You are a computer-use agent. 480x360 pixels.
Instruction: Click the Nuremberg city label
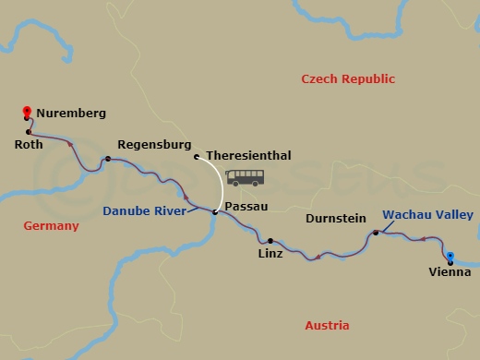point(72,114)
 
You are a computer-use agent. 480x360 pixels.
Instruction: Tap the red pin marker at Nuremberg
point(27,113)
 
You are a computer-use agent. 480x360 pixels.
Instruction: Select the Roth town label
point(30,144)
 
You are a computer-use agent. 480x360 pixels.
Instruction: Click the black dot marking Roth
point(30,132)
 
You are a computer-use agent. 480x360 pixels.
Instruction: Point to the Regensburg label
point(154,145)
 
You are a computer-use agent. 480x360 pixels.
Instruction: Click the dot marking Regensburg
point(108,159)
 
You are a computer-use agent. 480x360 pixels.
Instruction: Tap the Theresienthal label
point(249,156)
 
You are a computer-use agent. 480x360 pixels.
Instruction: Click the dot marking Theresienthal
point(197,157)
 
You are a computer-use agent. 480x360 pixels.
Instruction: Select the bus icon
point(245,177)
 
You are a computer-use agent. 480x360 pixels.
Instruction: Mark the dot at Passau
point(215,212)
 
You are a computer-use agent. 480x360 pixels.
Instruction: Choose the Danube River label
point(144,211)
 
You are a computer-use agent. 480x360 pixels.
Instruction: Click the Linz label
point(270,252)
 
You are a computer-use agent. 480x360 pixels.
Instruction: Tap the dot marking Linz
point(270,240)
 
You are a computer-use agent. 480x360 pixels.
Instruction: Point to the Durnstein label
point(336,220)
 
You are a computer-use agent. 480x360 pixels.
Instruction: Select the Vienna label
point(450,271)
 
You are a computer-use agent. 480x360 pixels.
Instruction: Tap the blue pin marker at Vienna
point(450,258)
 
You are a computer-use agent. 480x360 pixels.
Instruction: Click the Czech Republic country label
point(348,79)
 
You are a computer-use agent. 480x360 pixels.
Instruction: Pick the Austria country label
point(327,325)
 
